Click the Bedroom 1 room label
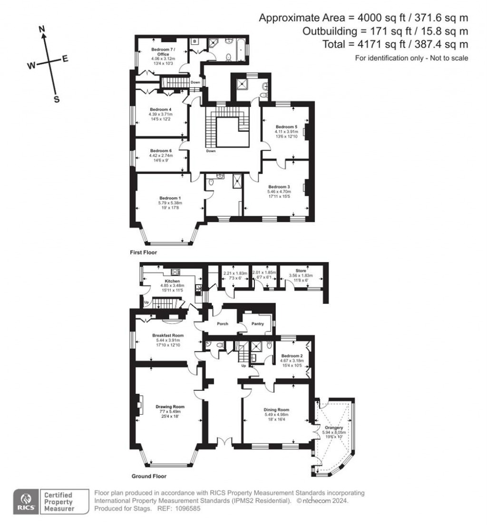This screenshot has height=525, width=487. click(170, 198)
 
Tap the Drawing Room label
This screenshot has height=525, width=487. click(170, 407)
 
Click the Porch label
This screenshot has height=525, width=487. click(222, 324)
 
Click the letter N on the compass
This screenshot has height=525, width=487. click(42, 29)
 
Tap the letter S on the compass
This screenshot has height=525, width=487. click(56, 99)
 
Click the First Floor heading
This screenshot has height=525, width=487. click(143, 253)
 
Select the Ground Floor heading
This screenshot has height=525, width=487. click(149, 476)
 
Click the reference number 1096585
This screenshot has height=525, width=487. click(187, 508)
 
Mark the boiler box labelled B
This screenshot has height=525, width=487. click(195, 41)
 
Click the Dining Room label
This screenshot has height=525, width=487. click(276, 409)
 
